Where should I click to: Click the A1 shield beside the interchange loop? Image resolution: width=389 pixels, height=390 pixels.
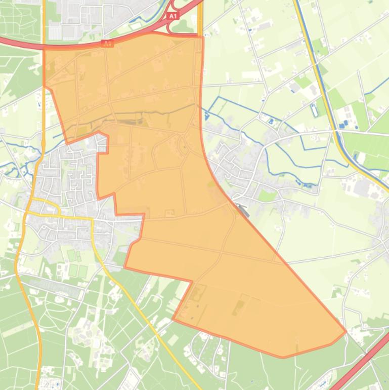pyautogui.click(x=173, y=16)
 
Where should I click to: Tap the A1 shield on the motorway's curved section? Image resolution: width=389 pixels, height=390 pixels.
pyautogui.click(x=107, y=44)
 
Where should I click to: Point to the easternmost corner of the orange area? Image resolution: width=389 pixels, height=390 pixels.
pyautogui.click(x=346, y=332)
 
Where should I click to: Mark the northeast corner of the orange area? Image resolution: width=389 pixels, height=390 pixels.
pyautogui.click(x=202, y=36)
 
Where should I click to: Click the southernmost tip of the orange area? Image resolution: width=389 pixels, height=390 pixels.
pyautogui.click(x=283, y=357)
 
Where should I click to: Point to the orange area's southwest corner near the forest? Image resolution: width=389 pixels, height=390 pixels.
pyautogui.click(x=174, y=319)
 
